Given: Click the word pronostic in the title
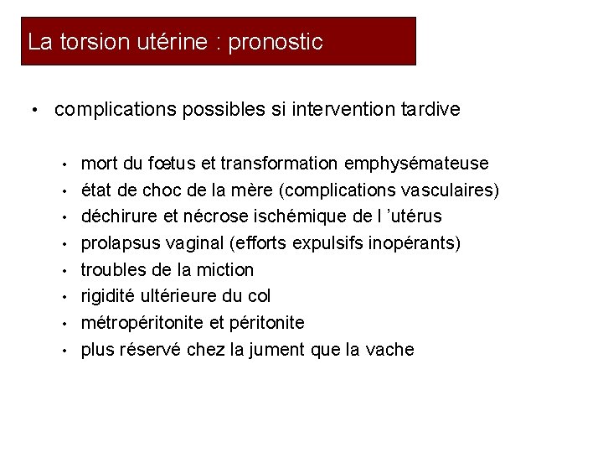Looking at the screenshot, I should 275,42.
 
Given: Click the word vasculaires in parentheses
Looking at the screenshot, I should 447,190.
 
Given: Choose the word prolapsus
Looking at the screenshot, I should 117,243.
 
